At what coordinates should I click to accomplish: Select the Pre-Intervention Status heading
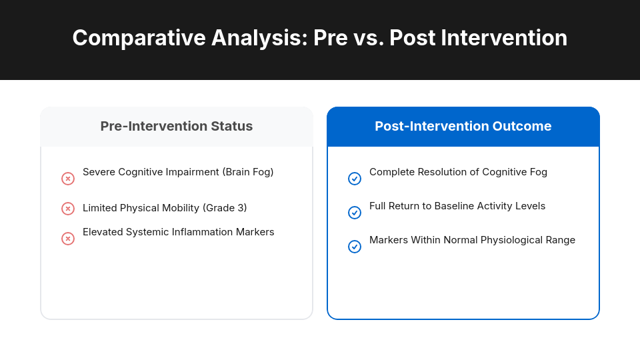coord(177,126)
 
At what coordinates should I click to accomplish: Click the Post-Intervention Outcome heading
coord(463,126)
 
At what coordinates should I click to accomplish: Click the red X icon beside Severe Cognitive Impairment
coord(68,179)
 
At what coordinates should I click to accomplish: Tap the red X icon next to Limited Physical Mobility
coord(68,209)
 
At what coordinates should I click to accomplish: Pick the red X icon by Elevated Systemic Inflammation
coord(68,239)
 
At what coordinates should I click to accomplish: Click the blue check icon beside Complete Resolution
coord(355,179)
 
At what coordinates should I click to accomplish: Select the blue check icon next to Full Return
coord(355,213)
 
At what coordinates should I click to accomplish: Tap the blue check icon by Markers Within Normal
coord(355,247)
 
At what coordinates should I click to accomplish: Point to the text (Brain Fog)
coord(248,172)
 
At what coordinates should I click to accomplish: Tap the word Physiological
coord(513,240)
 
